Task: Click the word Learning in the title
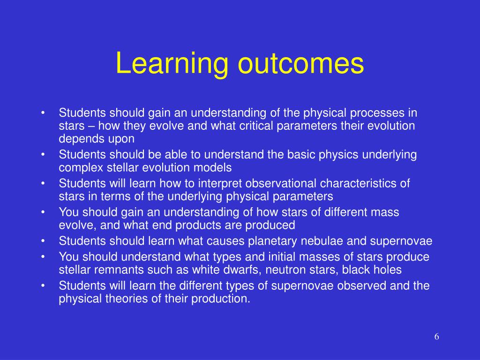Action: (x=172, y=64)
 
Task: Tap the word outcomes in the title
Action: (x=301, y=64)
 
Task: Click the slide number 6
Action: (x=436, y=337)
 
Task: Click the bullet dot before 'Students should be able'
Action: (x=43, y=155)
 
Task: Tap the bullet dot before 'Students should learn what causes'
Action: (x=43, y=241)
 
